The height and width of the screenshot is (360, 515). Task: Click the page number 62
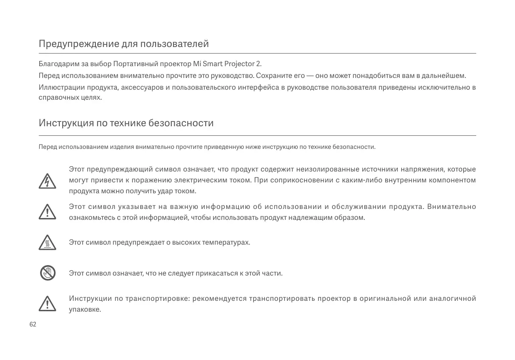tap(33, 325)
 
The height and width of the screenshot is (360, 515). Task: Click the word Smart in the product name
tap(213, 65)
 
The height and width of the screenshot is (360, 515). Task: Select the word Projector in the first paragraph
tap(239, 65)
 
